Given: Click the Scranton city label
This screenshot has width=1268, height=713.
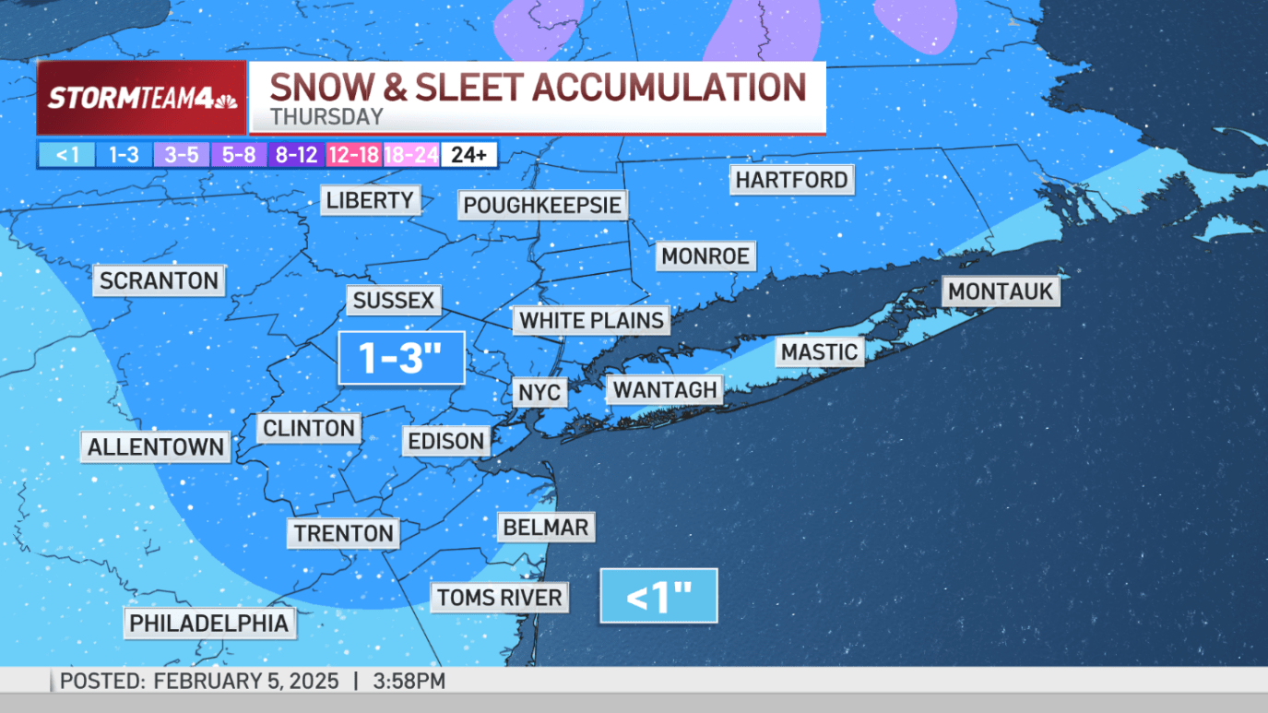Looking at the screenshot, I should click(x=159, y=280).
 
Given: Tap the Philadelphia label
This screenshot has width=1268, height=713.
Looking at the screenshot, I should click(x=208, y=623).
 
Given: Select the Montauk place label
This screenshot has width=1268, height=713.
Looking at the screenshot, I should click(x=1001, y=291).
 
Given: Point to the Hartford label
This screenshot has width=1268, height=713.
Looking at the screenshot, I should click(x=791, y=180).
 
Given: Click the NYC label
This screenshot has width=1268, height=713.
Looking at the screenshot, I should click(x=539, y=392).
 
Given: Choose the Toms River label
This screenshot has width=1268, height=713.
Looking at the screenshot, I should click(x=499, y=597).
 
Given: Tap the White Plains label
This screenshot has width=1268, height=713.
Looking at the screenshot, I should click(x=592, y=320).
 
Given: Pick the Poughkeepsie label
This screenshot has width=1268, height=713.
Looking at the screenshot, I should click(x=542, y=205).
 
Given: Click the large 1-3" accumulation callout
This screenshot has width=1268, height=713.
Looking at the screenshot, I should click(x=401, y=357).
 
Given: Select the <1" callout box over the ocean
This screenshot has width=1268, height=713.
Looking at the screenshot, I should click(x=658, y=596).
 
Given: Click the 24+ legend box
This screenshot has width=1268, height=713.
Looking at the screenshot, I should click(x=468, y=155).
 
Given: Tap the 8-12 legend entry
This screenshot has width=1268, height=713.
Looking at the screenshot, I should click(x=296, y=155).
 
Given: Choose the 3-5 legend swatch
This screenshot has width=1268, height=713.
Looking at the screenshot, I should click(x=181, y=155).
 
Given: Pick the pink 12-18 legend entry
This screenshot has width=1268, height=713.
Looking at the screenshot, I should click(x=353, y=155).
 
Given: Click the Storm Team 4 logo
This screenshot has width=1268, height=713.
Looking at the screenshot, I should click(x=142, y=98).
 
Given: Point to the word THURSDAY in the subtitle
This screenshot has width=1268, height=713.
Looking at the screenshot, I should click(x=326, y=117).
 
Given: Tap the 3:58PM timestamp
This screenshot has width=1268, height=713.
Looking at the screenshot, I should click(x=409, y=682).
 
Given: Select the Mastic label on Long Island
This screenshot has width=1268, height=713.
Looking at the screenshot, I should click(x=819, y=351).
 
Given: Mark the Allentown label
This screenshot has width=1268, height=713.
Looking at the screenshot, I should click(x=156, y=447).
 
